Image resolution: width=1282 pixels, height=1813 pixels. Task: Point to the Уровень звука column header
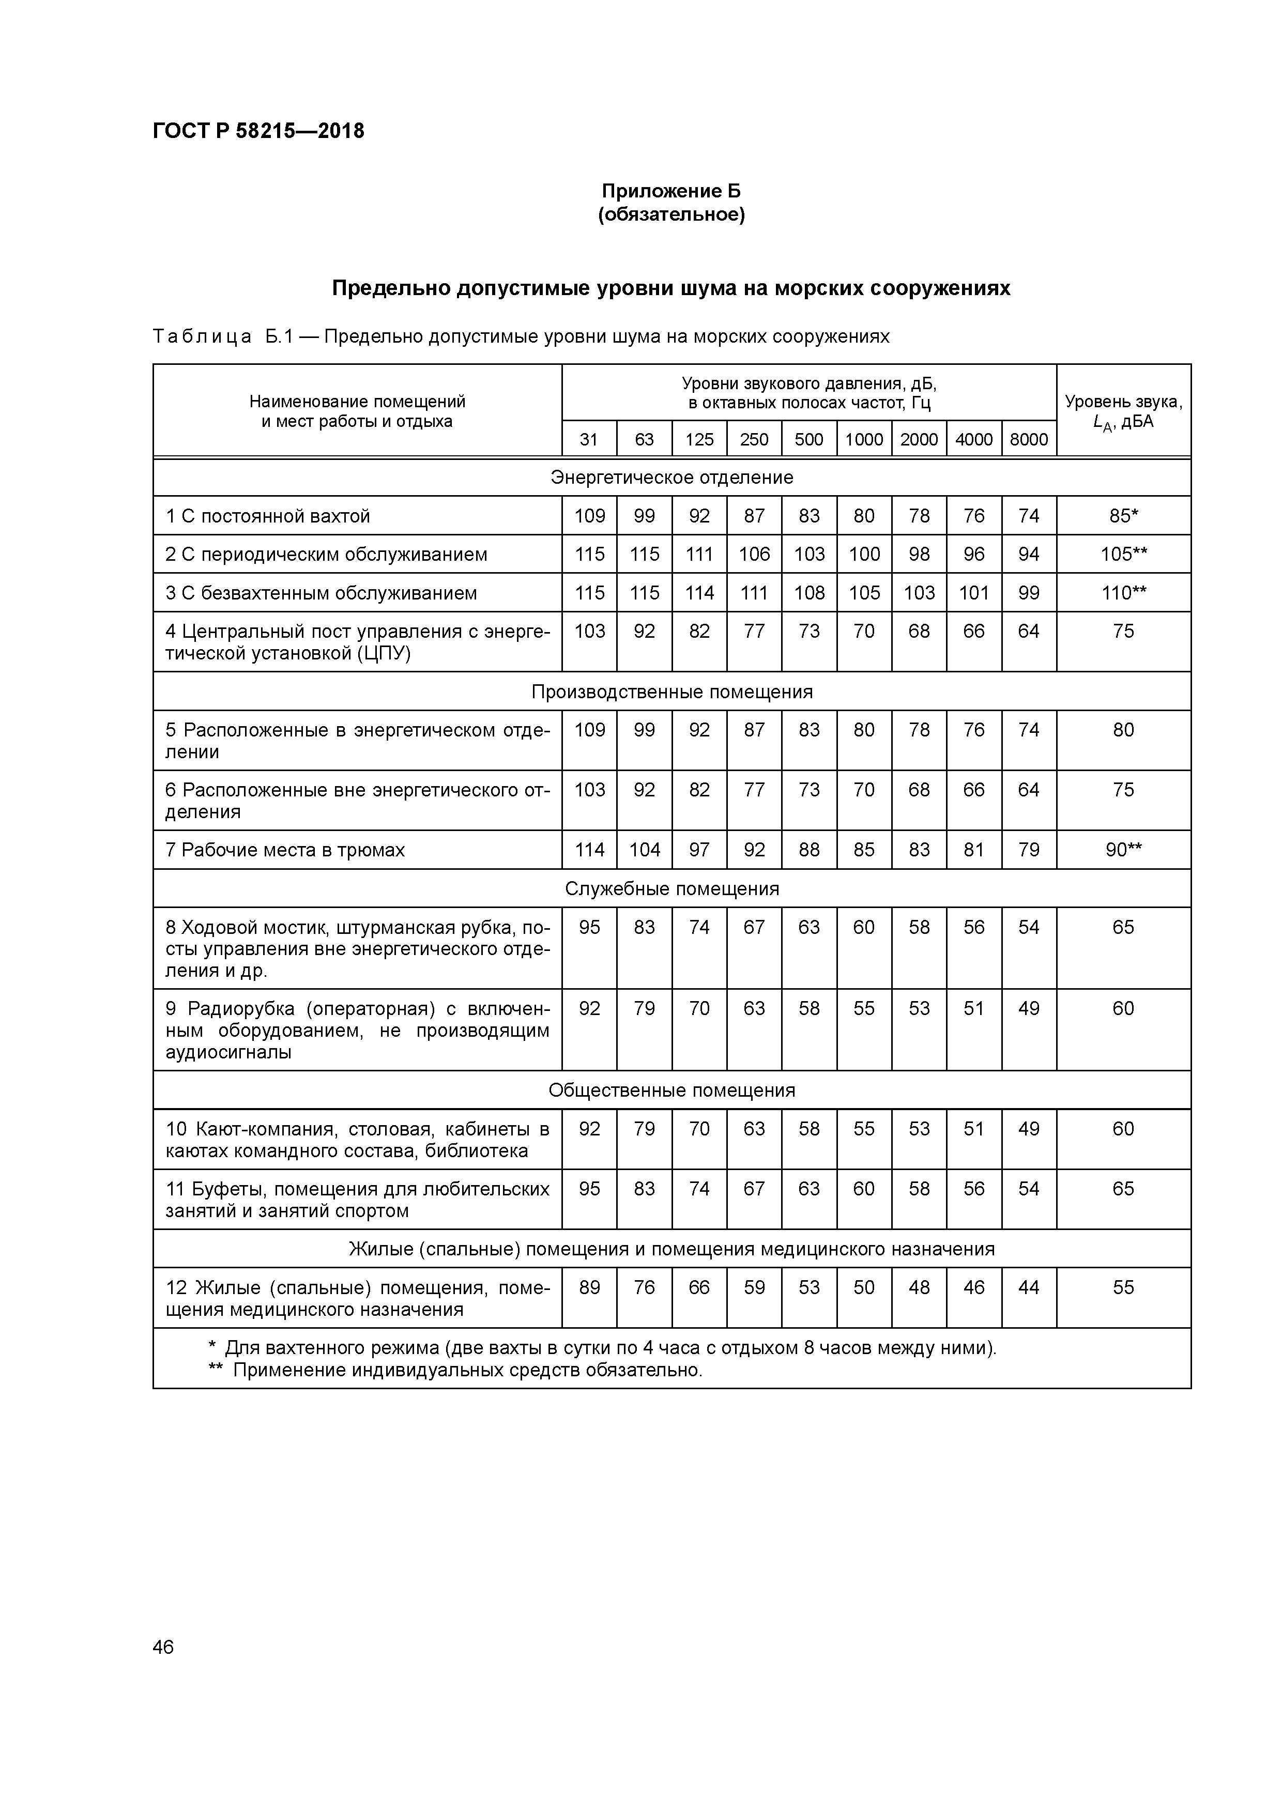1123,410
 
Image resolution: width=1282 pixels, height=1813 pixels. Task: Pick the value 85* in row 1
1123,516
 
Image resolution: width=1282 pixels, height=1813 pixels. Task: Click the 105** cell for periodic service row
1123,555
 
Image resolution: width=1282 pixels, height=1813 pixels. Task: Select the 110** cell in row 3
1123,593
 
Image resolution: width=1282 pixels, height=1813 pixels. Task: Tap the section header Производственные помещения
671,692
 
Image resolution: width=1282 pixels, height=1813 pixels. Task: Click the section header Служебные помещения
671,888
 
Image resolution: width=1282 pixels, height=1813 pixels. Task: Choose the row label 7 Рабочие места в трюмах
285,850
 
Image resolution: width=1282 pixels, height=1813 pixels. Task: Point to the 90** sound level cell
1123,850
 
